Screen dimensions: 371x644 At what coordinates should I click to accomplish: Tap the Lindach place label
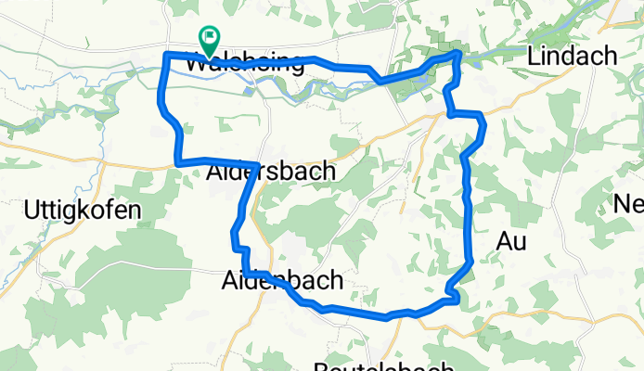(571, 57)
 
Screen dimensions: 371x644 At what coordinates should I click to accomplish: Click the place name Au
(511, 242)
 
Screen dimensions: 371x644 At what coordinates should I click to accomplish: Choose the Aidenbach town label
(283, 279)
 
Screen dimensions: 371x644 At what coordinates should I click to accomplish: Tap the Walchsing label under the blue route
(245, 64)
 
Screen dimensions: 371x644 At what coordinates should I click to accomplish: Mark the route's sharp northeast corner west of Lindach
(458, 55)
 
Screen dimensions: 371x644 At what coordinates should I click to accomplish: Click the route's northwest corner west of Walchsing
(166, 57)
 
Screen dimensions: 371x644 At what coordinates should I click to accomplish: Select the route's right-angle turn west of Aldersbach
(178, 163)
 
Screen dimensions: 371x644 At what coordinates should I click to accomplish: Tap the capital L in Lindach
(533, 57)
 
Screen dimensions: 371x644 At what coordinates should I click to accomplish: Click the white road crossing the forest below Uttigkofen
(121, 266)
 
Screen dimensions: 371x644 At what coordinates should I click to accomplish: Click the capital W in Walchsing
(197, 64)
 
